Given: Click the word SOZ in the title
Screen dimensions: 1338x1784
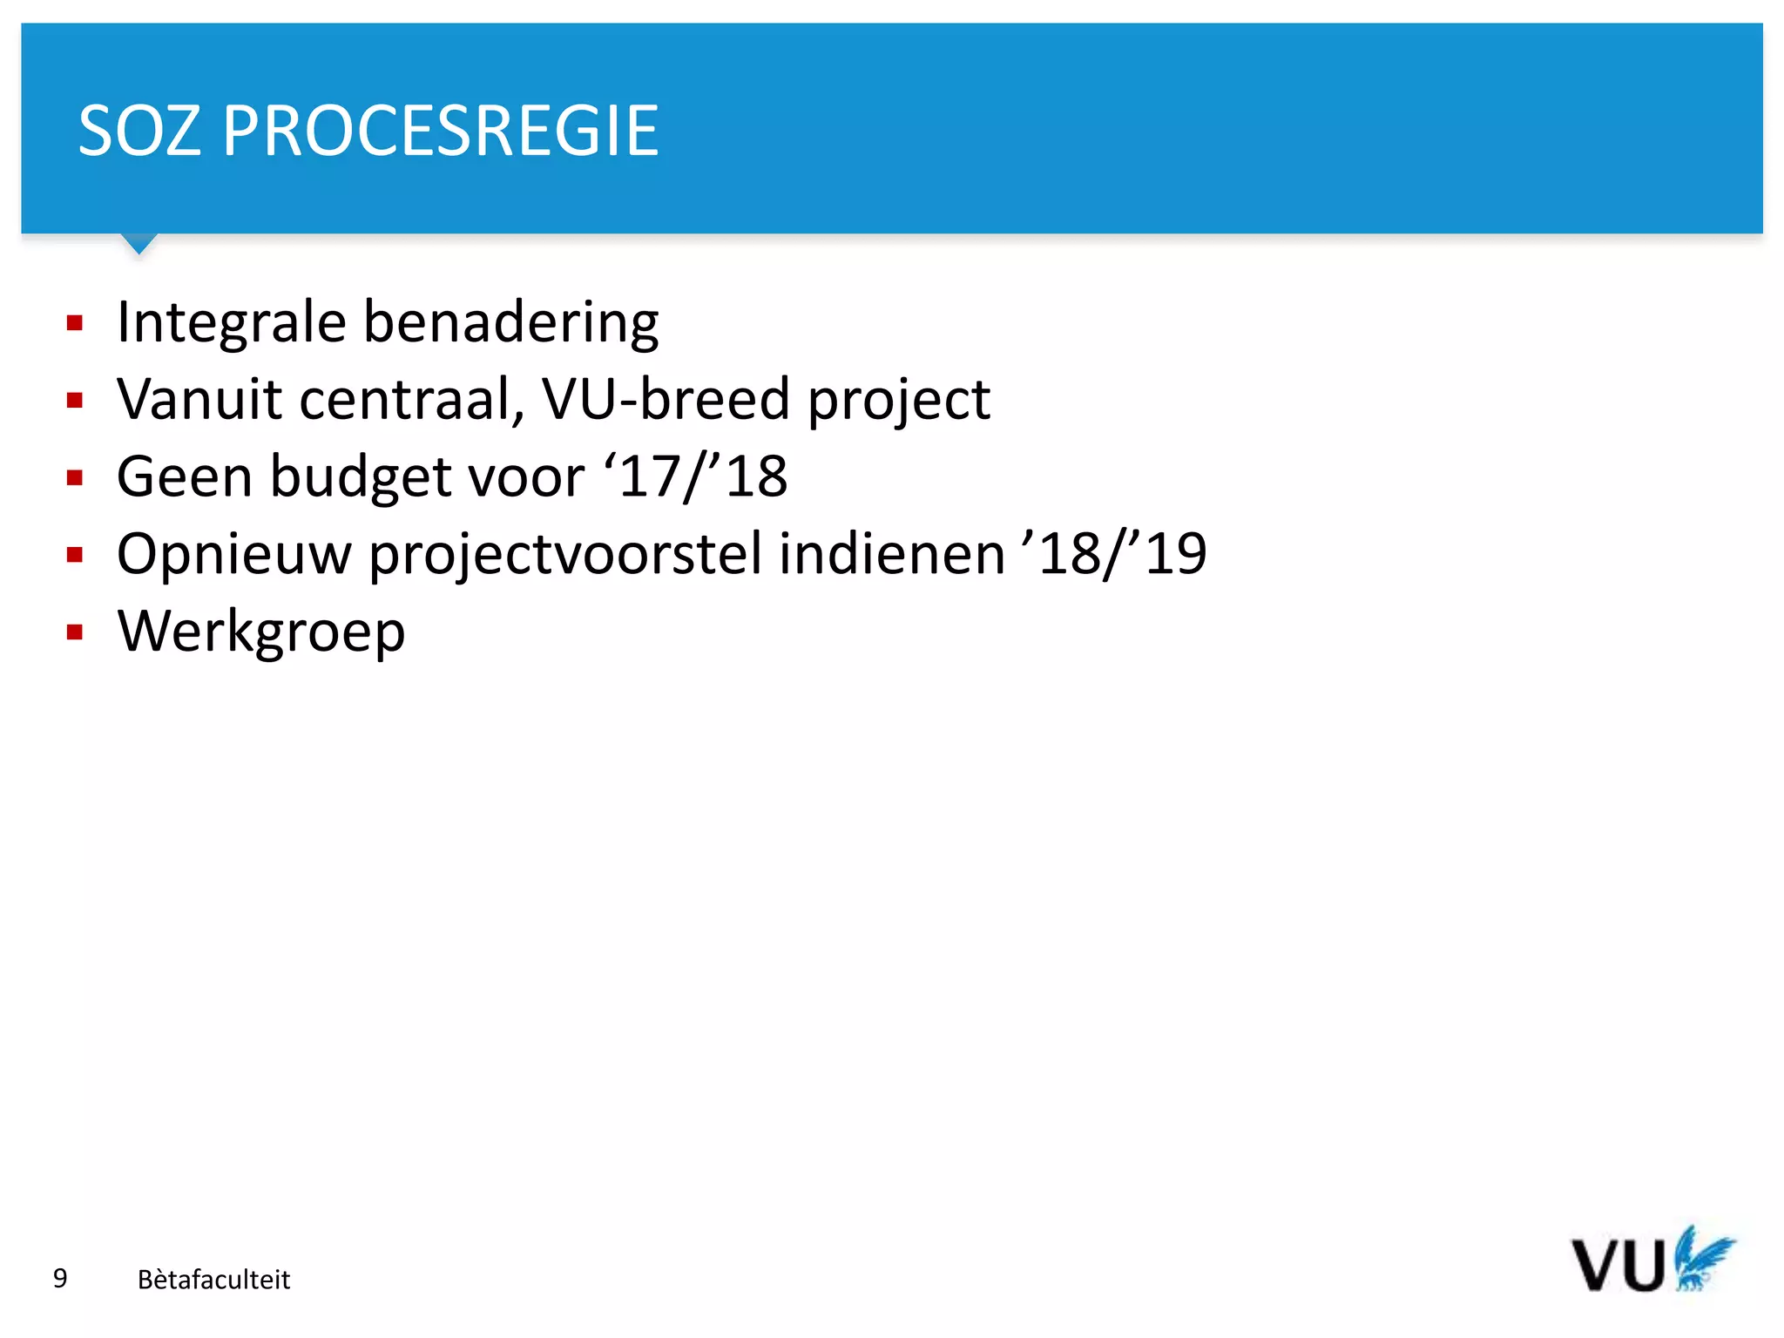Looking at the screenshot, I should (139, 132).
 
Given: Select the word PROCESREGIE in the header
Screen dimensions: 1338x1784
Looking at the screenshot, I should (440, 132).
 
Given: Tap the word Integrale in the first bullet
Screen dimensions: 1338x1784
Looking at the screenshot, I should (232, 322).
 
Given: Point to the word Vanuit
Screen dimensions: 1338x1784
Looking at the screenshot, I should (200, 399).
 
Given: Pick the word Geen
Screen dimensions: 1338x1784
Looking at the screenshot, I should (184, 476).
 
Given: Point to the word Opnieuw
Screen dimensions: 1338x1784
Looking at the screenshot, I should (233, 555).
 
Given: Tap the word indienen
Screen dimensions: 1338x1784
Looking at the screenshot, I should (891, 554).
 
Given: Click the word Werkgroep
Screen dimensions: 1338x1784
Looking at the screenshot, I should (261, 632).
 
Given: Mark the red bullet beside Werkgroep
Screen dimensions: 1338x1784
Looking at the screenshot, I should (75, 632).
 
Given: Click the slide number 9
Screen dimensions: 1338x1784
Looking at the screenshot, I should (60, 1278).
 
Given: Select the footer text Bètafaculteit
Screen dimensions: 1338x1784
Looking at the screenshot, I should (213, 1279).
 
